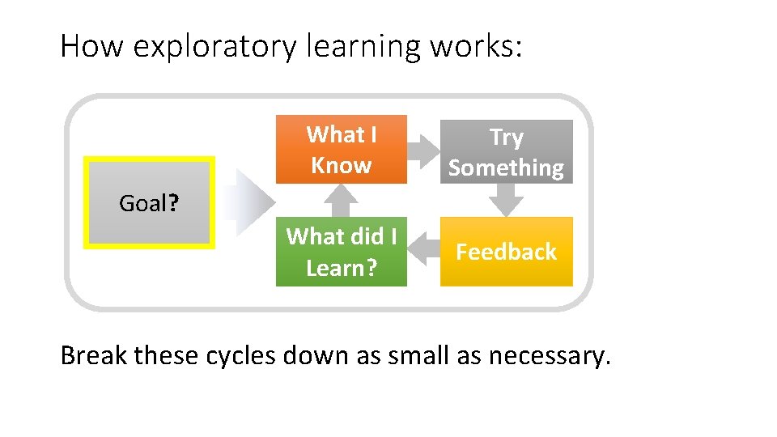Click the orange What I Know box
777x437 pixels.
coord(341,150)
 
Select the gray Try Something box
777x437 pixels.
coord(506,151)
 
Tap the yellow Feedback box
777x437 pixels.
coord(506,252)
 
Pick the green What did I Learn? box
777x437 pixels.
coord(341,252)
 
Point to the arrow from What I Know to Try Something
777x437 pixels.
coord(422,150)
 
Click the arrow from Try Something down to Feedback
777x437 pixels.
coord(506,199)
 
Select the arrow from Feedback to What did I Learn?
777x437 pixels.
coord(422,252)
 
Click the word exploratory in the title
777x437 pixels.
coord(215,47)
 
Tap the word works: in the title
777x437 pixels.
coord(477,47)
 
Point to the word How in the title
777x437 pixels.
coord(92,47)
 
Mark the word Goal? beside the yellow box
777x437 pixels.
coord(149,203)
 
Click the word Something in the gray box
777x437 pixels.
coord(506,168)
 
